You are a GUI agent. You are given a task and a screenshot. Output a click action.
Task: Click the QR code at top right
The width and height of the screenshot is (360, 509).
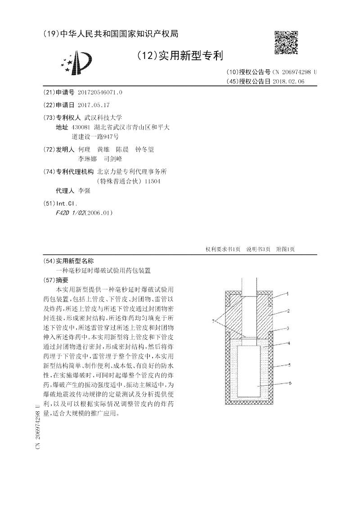286,41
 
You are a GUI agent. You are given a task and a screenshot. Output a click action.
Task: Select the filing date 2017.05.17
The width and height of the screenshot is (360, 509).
94,104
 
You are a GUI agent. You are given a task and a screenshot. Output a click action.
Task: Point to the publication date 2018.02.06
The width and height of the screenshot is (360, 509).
288,81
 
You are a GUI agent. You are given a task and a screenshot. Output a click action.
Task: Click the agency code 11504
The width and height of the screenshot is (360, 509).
151,182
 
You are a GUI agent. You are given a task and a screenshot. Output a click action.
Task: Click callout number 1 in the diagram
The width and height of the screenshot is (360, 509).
288,294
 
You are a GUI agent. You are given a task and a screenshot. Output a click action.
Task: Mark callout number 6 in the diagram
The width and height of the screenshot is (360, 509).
290,383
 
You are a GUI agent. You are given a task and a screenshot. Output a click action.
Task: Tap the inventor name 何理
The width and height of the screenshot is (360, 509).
84,149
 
